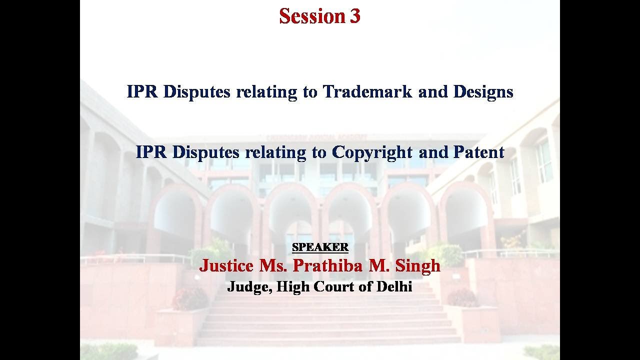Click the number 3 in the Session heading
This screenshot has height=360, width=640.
354,16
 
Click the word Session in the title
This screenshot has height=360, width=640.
312,16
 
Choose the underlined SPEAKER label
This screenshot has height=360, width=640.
320,247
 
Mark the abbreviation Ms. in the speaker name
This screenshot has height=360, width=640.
273,265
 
